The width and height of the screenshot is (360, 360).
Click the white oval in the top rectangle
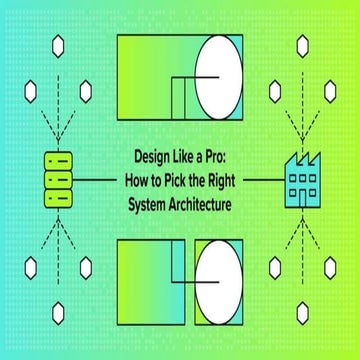(x=219, y=73)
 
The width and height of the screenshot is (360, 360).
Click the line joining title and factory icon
(x=263, y=180)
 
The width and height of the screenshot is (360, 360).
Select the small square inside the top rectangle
(x=183, y=98)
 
